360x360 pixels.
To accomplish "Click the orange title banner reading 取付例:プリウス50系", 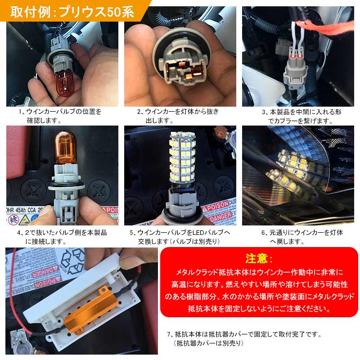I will [72, 11].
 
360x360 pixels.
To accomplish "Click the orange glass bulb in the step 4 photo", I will [67, 149].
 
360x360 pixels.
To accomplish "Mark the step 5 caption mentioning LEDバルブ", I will [180, 237].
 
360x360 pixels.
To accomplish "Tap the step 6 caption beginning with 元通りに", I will [302, 237].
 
